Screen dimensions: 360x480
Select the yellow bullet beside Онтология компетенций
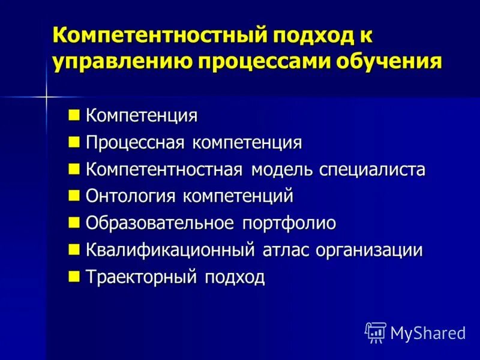[74, 195]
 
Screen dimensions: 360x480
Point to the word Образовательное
[160, 223]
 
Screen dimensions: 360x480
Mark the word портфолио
[289, 223]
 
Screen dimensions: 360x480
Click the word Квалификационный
[171, 250]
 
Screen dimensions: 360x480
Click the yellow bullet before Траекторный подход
[74, 276]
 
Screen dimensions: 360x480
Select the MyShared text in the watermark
[428, 332]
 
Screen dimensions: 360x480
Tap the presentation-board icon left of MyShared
[376, 332]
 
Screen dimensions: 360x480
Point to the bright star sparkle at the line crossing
[46, 96]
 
